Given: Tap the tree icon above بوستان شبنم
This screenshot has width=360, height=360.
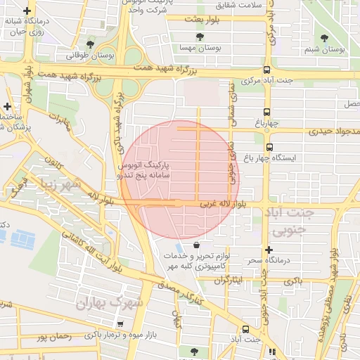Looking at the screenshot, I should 324,39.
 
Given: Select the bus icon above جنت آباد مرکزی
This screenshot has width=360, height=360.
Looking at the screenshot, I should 266,70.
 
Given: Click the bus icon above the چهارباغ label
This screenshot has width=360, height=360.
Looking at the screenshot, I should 266,112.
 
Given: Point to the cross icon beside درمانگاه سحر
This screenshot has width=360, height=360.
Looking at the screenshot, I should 268,250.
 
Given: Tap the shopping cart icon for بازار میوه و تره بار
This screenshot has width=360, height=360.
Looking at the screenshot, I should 120,324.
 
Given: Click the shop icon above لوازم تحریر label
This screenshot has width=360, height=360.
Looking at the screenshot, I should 195,245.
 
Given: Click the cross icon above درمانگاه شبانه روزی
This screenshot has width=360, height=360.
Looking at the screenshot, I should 27,12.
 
